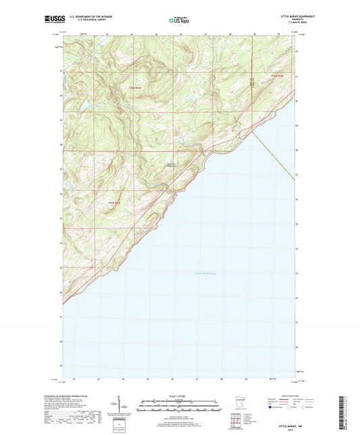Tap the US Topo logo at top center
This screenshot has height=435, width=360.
179,20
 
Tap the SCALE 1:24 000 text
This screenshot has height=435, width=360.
178,396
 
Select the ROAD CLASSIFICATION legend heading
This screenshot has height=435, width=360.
288,395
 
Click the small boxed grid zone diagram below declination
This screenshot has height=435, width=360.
120,426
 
